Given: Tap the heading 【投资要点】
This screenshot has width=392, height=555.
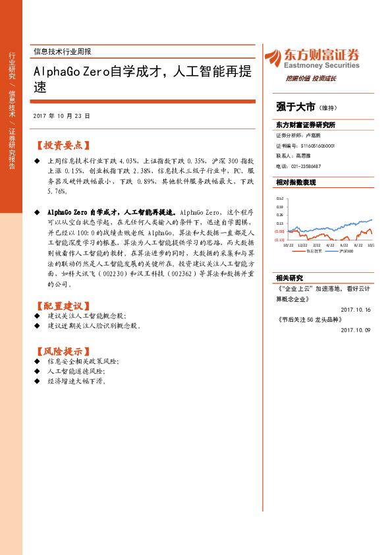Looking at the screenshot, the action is (x=62, y=145).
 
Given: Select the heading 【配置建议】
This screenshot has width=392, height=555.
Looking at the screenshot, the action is (x=62, y=306).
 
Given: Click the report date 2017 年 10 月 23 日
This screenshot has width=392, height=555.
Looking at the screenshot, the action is (x=61, y=115).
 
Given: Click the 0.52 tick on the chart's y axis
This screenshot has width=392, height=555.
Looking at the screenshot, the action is (x=280, y=198).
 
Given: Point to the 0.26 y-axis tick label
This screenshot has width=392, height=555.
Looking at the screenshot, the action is (x=280, y=215).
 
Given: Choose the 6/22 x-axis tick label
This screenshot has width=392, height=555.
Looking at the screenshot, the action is (x=343, y=244).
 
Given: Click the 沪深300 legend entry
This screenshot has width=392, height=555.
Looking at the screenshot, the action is (x=345, y=251).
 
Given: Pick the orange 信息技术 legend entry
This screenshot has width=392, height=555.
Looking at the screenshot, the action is (x=312, y=251).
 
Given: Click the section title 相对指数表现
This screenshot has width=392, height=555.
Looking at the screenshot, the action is (x=296, y=182).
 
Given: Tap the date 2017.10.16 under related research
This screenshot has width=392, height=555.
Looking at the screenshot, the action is (x=356, y=310).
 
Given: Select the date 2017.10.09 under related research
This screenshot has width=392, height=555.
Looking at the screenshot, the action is (x=356, y=330).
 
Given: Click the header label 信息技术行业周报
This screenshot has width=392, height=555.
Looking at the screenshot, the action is (x=62, y=51).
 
